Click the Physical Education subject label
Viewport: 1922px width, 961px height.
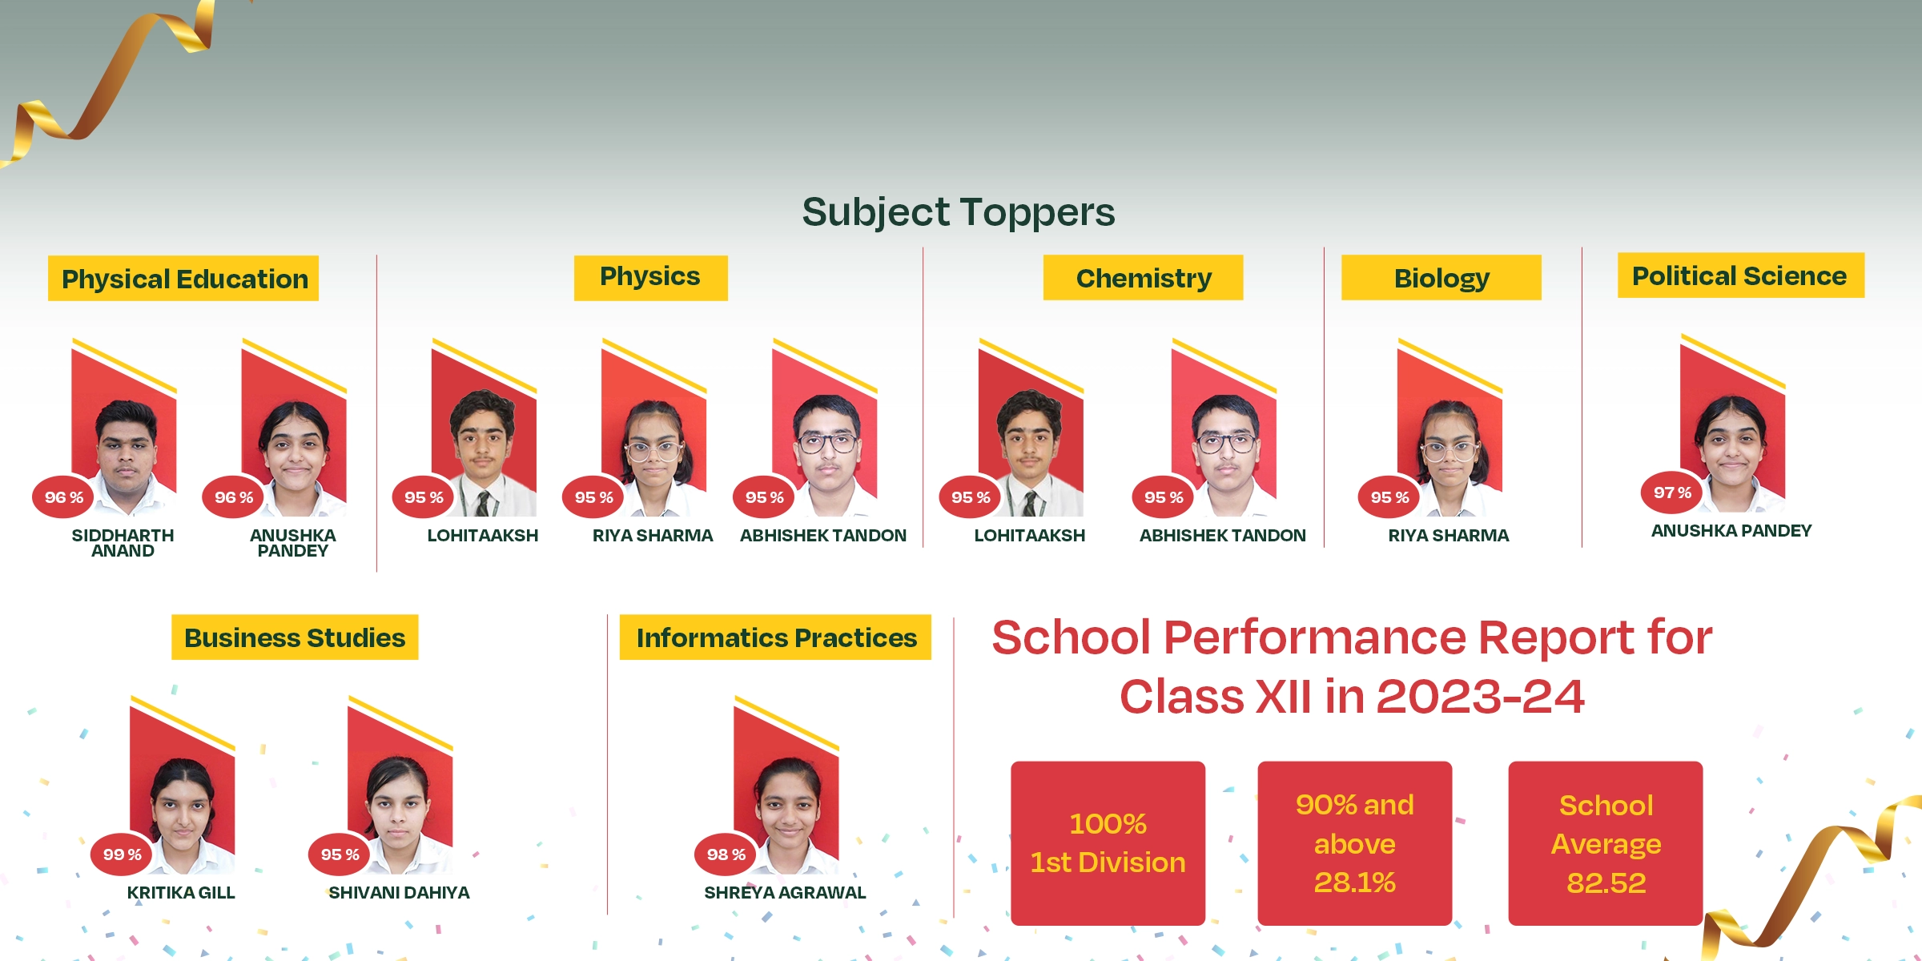point(183,279)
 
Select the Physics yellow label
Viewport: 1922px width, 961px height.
point(650,278)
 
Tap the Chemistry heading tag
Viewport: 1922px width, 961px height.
point(1143,278)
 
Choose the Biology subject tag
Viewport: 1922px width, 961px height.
point(1441,278)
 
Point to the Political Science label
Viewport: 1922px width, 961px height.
point(1741,275)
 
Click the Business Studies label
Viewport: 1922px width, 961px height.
point(295,637)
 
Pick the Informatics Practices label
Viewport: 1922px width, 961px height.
point(775,637)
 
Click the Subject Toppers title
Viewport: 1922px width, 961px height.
point(959,212)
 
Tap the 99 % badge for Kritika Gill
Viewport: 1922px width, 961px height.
point(123,854)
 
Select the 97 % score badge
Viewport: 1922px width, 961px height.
point(1672,493)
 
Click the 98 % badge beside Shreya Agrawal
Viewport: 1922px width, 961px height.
point(726,854)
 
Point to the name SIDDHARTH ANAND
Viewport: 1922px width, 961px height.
point(123,543)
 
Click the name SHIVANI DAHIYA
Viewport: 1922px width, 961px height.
point(399,893)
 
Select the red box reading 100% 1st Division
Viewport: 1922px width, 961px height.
point(1108,843)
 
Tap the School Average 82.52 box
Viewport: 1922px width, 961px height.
point(1606,843)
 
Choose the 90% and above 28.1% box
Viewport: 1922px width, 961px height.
point(1355,843)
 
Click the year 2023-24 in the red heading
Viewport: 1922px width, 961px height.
point(1480,697)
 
